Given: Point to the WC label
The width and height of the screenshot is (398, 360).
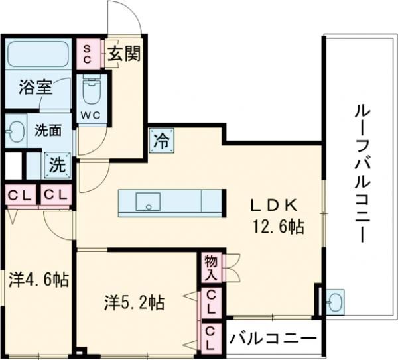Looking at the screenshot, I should pyautogui.click(x=91, y=114).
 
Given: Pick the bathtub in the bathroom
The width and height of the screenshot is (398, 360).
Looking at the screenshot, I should pyautogui.click(x=38, y=55).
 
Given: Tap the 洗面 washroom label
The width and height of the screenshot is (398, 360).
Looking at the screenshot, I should pyautogui.click(x=47, y=131).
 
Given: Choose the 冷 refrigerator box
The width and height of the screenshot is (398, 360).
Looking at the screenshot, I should pyautogui.click(x=161, y=140).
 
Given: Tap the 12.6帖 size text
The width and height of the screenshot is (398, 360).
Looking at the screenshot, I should pyautogui.click(x=277, y=227).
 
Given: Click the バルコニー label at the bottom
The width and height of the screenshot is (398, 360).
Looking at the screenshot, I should pyautogui.click(x=273, y=338).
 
